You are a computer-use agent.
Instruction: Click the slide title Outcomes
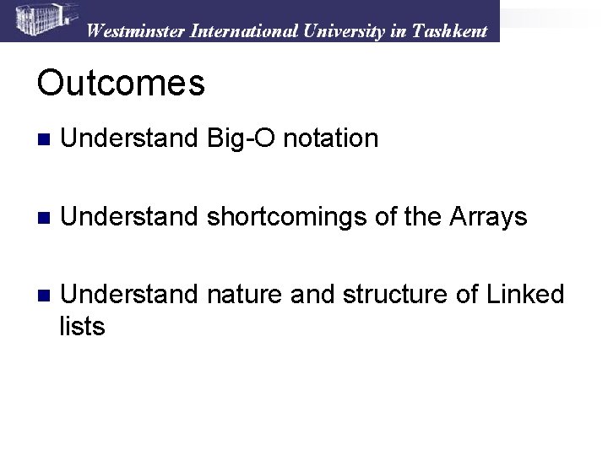[121, 82]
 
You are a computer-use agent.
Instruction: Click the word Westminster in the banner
[136, 31]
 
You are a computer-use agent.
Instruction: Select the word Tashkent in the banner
[449, 31]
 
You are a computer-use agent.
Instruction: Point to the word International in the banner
[244, 31]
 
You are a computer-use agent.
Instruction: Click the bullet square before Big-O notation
[44, 139]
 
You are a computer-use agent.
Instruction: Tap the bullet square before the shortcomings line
[44, 218]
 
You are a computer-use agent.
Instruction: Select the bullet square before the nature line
[44, 296]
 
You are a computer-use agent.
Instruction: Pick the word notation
[331, 138]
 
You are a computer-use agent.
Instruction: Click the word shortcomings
[286, 217]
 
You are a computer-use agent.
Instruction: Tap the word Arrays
[488, 217]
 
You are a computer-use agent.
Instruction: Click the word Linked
[525, 294]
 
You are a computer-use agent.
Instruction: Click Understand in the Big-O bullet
[129, 138]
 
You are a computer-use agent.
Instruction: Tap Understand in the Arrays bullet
[129, 216]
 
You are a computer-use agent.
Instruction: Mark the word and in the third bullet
[312, 294]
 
